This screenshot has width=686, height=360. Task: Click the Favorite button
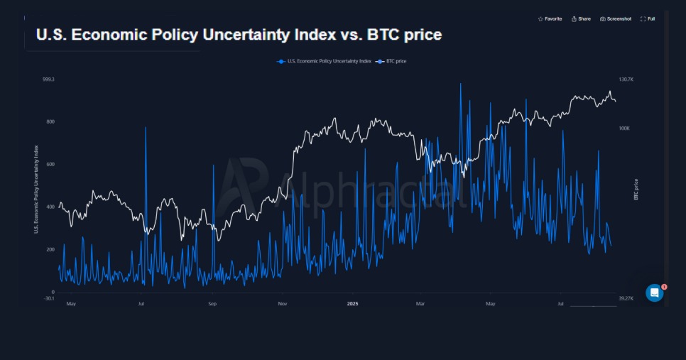pyautogui.click(x=550, y=19)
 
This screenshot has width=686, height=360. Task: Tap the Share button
pyautogui.click(x=581, y=19)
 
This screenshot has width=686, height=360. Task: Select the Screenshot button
pyautogui.click(x=616, y=19)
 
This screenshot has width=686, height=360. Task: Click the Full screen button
pyautogui.click(x=648, y=19)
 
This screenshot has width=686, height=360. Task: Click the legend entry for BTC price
pyautogui.click(x=392, y=61)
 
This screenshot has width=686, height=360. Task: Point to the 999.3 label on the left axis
pyautogui.click(x=48, y=80)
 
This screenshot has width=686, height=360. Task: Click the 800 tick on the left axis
pyautogui.click(x=50, y=122)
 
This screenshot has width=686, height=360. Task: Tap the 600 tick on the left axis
pyautogui.click(x=50, y=165)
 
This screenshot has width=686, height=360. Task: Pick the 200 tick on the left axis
pyautogui.click(x=50, y=250)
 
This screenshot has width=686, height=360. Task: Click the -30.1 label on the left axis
pyautogui.click(x=48, y=298)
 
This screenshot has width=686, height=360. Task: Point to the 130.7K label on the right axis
pyautogui.click(x=626, y=80)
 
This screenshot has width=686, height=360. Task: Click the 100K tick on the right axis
pyautogui.click(x=624, y=129)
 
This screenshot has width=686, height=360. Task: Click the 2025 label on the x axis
pyautogui.click(x=353, y=304)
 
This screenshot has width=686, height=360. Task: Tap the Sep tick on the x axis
pyautogui.click(x=212, y=304)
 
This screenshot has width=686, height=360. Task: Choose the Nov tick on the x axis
pyautogui.click(x=283, y=304)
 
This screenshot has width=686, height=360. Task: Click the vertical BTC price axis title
pyautogui.click(x=636, y=189)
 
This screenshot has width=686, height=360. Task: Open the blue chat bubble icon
pyautogui.click(x=654, y=293)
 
